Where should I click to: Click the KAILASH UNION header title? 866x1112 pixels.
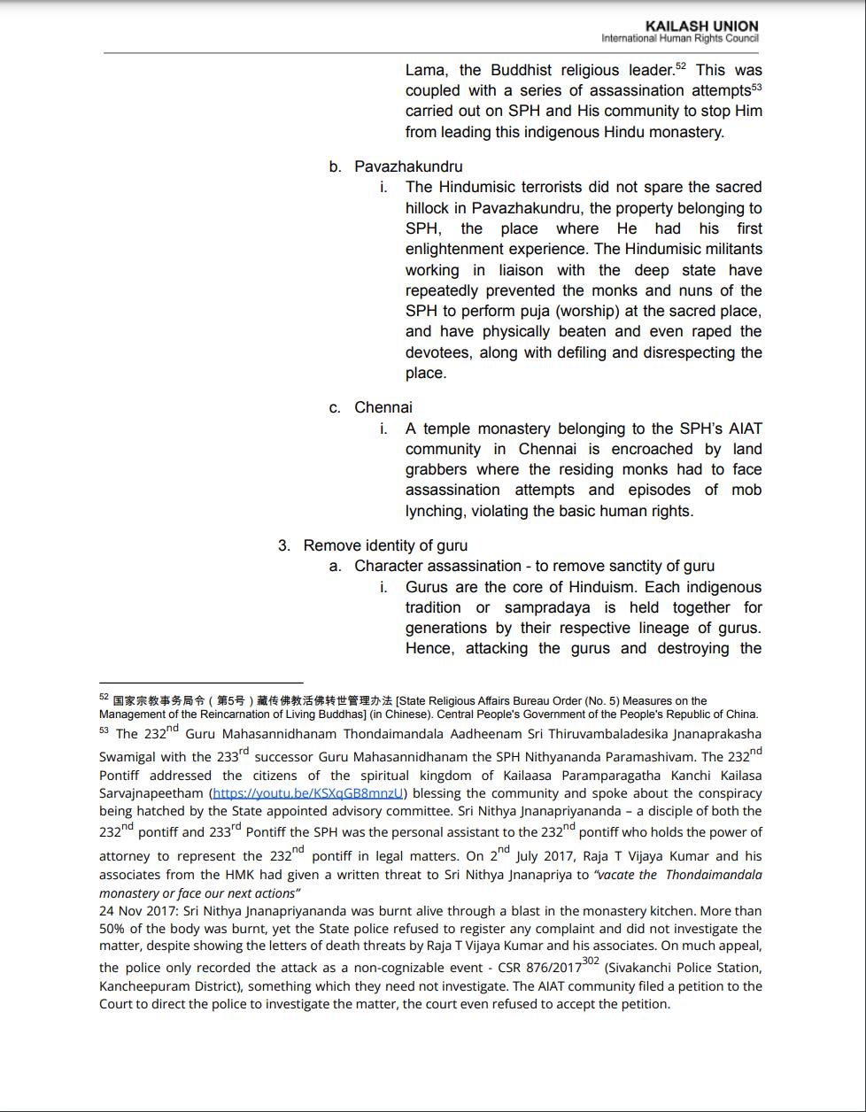701,27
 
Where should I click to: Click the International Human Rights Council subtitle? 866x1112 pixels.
679,38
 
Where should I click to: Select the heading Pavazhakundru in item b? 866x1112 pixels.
408,166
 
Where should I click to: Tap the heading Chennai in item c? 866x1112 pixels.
383,407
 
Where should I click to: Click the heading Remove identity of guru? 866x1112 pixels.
385,545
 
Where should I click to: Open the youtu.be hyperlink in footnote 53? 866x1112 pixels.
308,793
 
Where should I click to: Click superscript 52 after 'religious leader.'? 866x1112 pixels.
680,66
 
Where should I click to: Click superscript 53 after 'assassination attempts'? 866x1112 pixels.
756,87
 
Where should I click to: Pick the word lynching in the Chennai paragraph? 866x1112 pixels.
434,511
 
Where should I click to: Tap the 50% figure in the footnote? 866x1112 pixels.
111,929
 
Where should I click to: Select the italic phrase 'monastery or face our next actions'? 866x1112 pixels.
200,893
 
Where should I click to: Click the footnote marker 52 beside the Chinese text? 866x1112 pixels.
104,698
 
